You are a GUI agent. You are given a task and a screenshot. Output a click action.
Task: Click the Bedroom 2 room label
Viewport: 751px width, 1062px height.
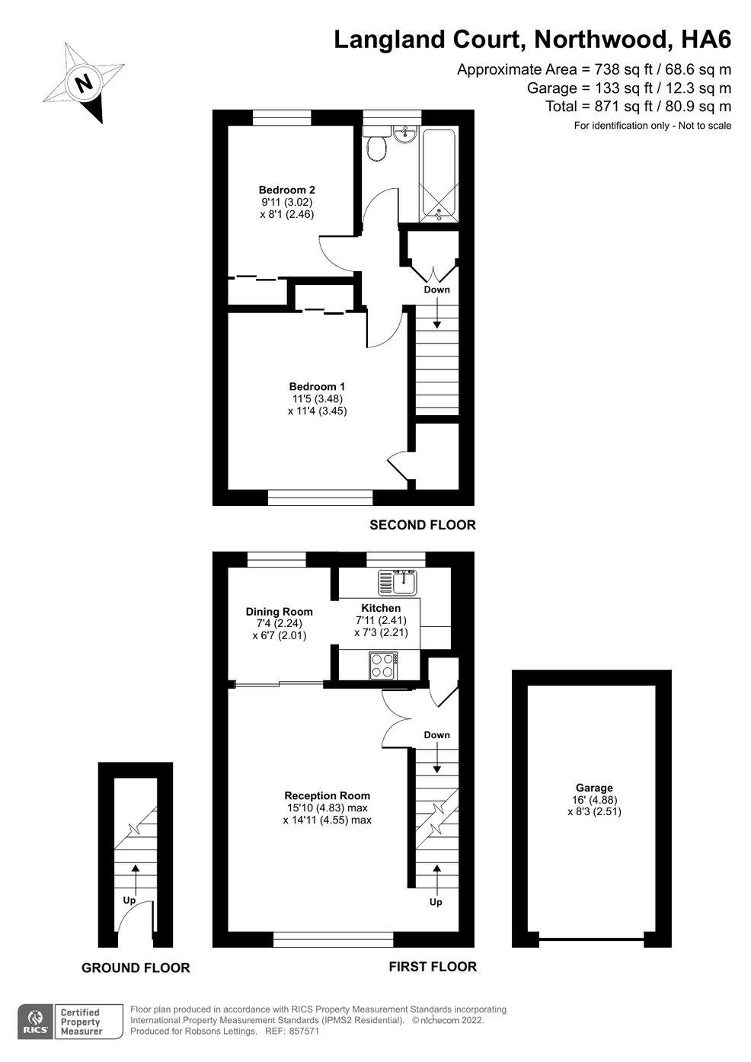pyautogui.click(x=287, y=190)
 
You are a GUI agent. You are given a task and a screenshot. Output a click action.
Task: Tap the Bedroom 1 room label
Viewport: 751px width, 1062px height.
pyautogui.click(x=317, y=386)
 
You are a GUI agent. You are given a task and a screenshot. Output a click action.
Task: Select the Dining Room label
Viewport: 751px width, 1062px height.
pyautogui.click(x=280, y=612)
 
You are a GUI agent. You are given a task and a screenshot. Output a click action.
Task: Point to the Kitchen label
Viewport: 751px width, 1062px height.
pyautogui.click(x=381, y=608)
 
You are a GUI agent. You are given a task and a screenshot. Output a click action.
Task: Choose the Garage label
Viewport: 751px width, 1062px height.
pyautogui.click(x=594, y=788)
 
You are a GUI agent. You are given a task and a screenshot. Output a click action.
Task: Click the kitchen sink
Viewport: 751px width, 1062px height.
pyautogui.click(x=398, y=582)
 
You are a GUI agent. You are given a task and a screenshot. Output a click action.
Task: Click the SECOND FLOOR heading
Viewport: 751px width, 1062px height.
pyautogui.click(x=423, y=525)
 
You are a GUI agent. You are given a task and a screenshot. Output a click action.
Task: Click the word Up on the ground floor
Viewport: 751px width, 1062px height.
pyautogui.click(x=129, y=900)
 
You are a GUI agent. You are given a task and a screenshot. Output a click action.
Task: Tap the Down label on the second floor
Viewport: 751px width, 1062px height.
pyautogui.click(x=436, y=289)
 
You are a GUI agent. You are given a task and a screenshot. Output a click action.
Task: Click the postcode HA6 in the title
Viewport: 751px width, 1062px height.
pyautogui.click(x=706, y=40)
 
